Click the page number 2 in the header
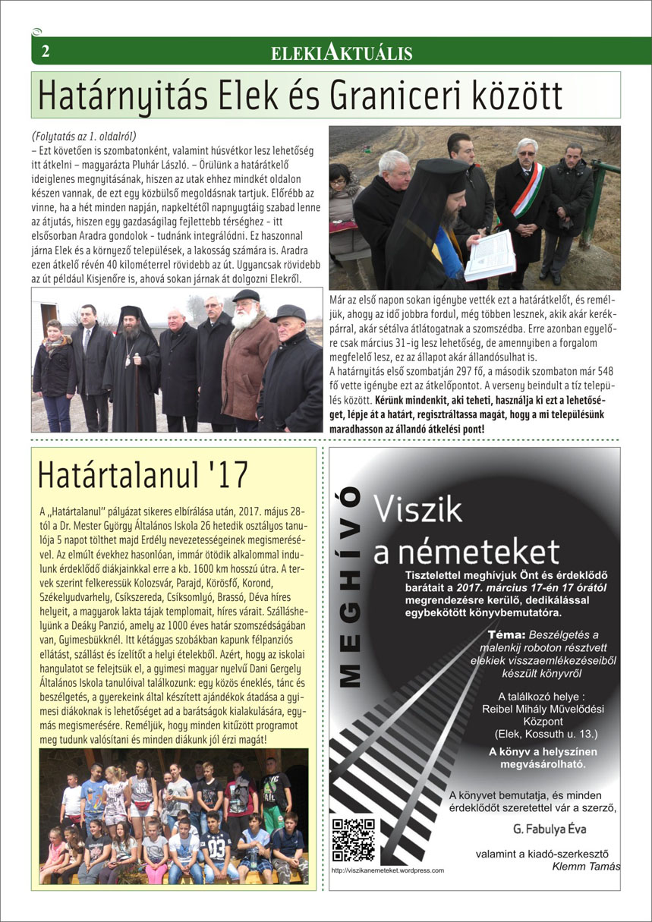coord(46,52)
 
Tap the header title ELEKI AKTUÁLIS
coord(342,52)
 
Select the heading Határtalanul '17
coord(143,475)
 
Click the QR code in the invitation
coord(354,839)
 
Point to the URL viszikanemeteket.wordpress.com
coord(388,870)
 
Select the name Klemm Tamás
coord(586,867)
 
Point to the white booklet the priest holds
coord(490,255)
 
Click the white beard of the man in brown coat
coord(245,318)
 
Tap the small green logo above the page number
coord(36,31)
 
